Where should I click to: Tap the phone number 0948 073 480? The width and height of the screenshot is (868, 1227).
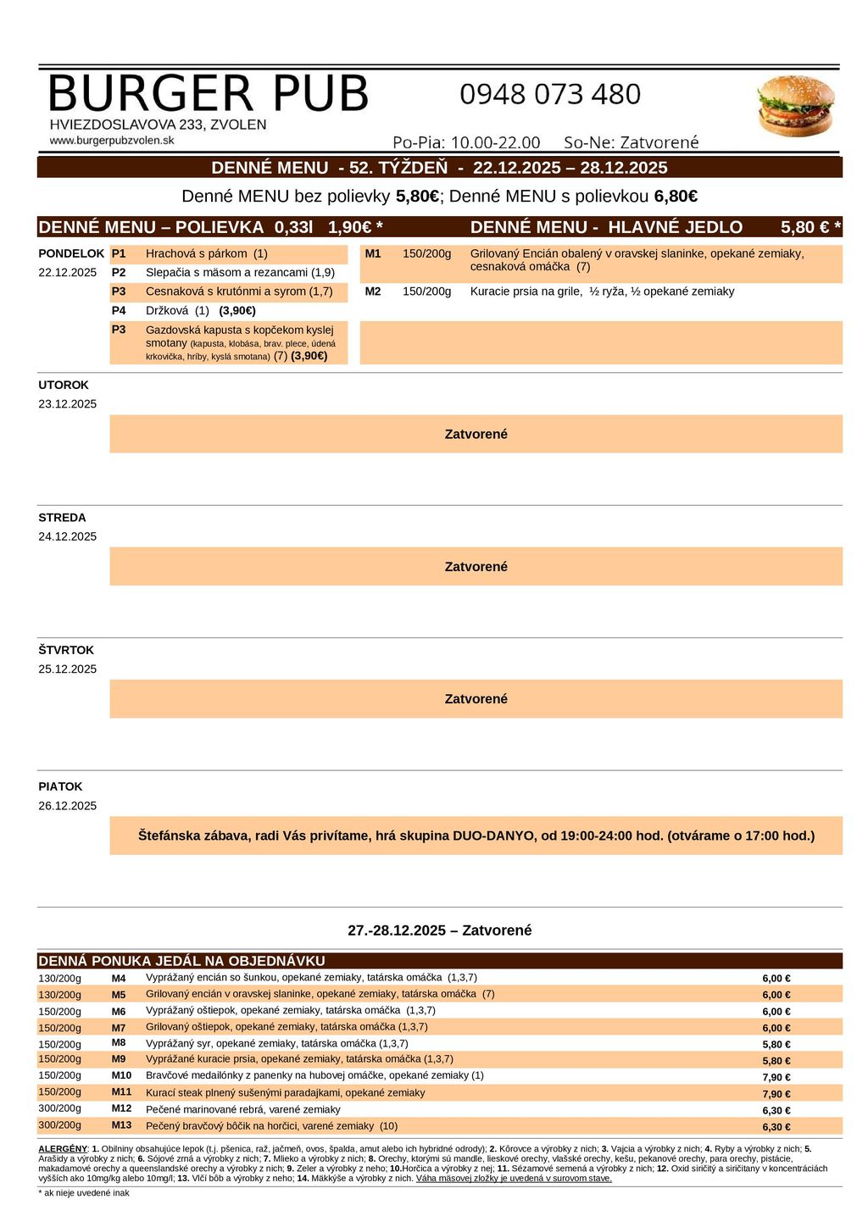550,94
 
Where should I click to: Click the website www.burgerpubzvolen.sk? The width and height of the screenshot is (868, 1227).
112,141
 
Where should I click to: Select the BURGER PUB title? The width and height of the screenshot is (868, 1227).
209,93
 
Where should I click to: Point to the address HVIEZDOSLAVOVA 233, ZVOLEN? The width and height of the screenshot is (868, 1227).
158,125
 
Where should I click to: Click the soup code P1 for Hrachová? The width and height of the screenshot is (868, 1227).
119,253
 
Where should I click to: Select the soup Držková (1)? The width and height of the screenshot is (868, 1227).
177,310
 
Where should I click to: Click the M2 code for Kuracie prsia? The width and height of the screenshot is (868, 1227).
373,291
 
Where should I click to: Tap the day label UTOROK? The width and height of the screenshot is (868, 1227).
64,385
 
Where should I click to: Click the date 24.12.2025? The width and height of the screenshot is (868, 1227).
68,536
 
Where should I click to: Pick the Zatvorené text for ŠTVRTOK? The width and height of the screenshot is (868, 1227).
476,699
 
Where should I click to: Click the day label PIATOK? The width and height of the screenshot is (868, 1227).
60,786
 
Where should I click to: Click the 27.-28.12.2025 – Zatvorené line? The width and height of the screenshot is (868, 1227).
439,930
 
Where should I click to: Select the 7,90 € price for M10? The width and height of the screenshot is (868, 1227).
776,1077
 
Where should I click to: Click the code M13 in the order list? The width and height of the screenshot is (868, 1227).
121,1125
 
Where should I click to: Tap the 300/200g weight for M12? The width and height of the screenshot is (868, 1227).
60,1108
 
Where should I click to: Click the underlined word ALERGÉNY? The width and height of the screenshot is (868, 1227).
63,1148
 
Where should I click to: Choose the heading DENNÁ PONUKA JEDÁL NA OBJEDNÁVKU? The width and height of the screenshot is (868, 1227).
181,961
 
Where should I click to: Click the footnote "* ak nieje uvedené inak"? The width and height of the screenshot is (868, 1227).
84,1192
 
